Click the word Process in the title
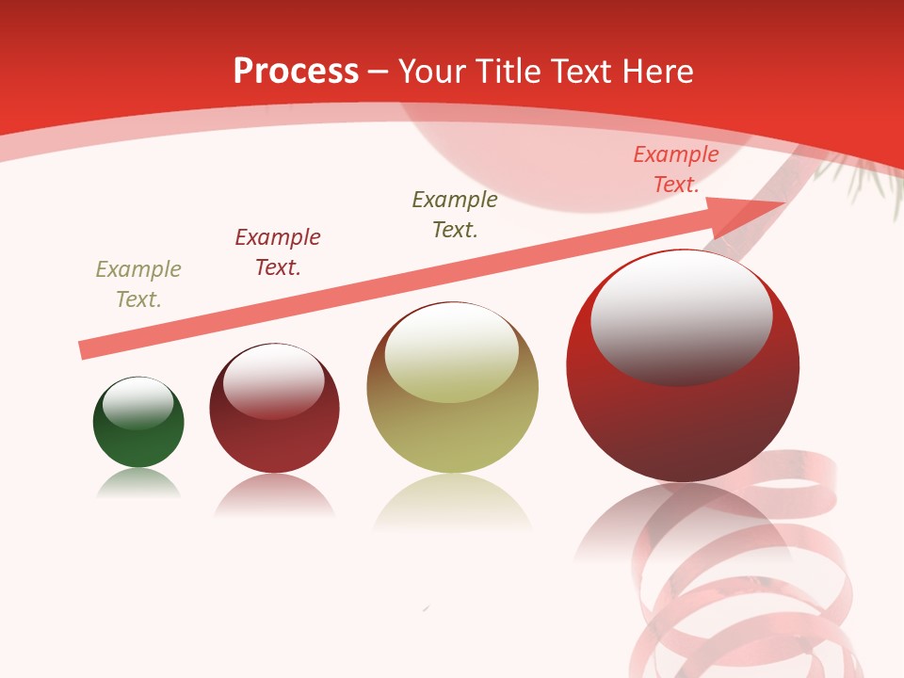coord(296,71)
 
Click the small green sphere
coord(138,438)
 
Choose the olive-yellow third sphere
coord(452,424)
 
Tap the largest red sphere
coord(683,414)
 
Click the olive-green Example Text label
coord(138,284)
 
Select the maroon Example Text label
coord(278,252)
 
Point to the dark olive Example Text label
coord(455,215)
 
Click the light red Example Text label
coord(675,169)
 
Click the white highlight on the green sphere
coord(138,403)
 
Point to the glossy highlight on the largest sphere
coord(681,315)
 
